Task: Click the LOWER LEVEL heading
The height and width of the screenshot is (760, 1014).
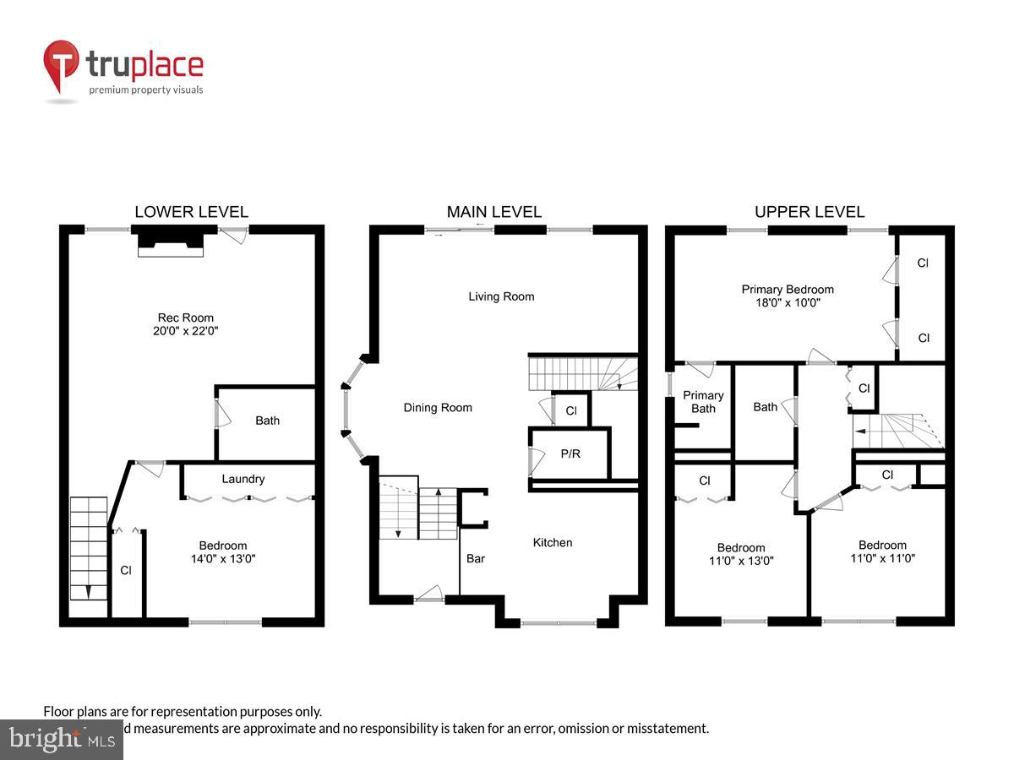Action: (192, 212)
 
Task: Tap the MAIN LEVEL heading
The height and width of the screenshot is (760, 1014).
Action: (494, 212)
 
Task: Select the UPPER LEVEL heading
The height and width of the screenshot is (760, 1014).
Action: (810, 212)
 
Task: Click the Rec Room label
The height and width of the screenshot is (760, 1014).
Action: (185, 318)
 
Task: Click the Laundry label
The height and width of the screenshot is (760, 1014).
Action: (243, 479)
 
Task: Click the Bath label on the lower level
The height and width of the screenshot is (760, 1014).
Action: (267, 421)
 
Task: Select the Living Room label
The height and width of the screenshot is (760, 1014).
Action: (501, 296)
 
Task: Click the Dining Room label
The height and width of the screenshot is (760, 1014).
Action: (437, 408)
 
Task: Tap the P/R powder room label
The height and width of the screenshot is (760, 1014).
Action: (570, 453)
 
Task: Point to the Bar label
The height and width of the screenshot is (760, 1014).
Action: (476, 558)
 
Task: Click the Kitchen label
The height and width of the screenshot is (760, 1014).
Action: (552, 542)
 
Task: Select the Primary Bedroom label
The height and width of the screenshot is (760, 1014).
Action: (788, 289)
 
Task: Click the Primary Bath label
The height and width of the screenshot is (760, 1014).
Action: (703, 402)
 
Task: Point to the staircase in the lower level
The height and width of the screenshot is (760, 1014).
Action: (89, 549)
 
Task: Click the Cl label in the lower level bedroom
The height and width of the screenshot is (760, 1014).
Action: (126, 570)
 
